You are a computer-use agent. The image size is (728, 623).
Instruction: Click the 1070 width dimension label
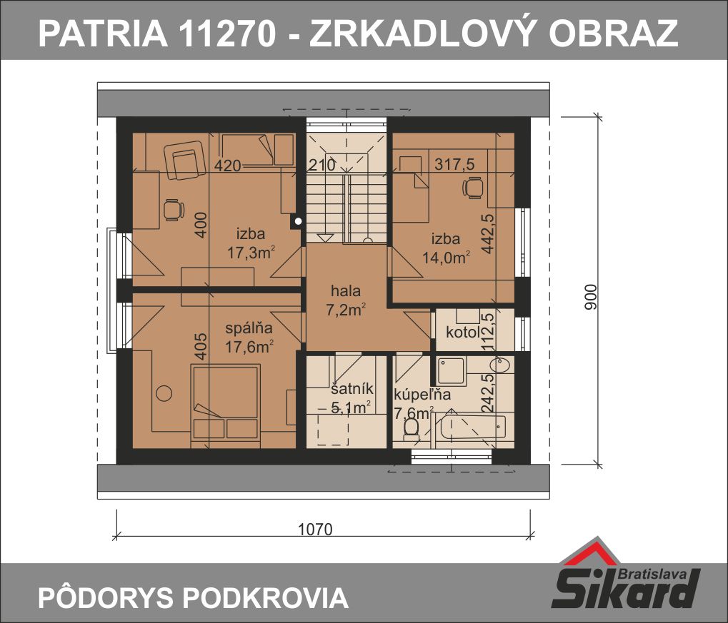315,529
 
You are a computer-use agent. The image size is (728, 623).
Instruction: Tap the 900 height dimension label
591,298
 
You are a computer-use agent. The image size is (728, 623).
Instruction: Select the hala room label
346,291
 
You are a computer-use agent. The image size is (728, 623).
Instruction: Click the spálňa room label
249,328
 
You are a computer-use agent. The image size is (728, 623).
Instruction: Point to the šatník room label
351,389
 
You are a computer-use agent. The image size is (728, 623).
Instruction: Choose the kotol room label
462,332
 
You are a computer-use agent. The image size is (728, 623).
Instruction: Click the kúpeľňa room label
422,395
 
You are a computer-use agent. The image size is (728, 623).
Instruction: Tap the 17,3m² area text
251,253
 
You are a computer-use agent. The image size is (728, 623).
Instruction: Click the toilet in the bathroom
410,429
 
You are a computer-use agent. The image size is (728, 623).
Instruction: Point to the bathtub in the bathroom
473,427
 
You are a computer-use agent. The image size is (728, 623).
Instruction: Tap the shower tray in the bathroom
450,370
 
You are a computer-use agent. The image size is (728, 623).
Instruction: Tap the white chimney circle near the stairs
298,221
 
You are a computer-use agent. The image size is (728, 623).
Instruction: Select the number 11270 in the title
227,34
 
